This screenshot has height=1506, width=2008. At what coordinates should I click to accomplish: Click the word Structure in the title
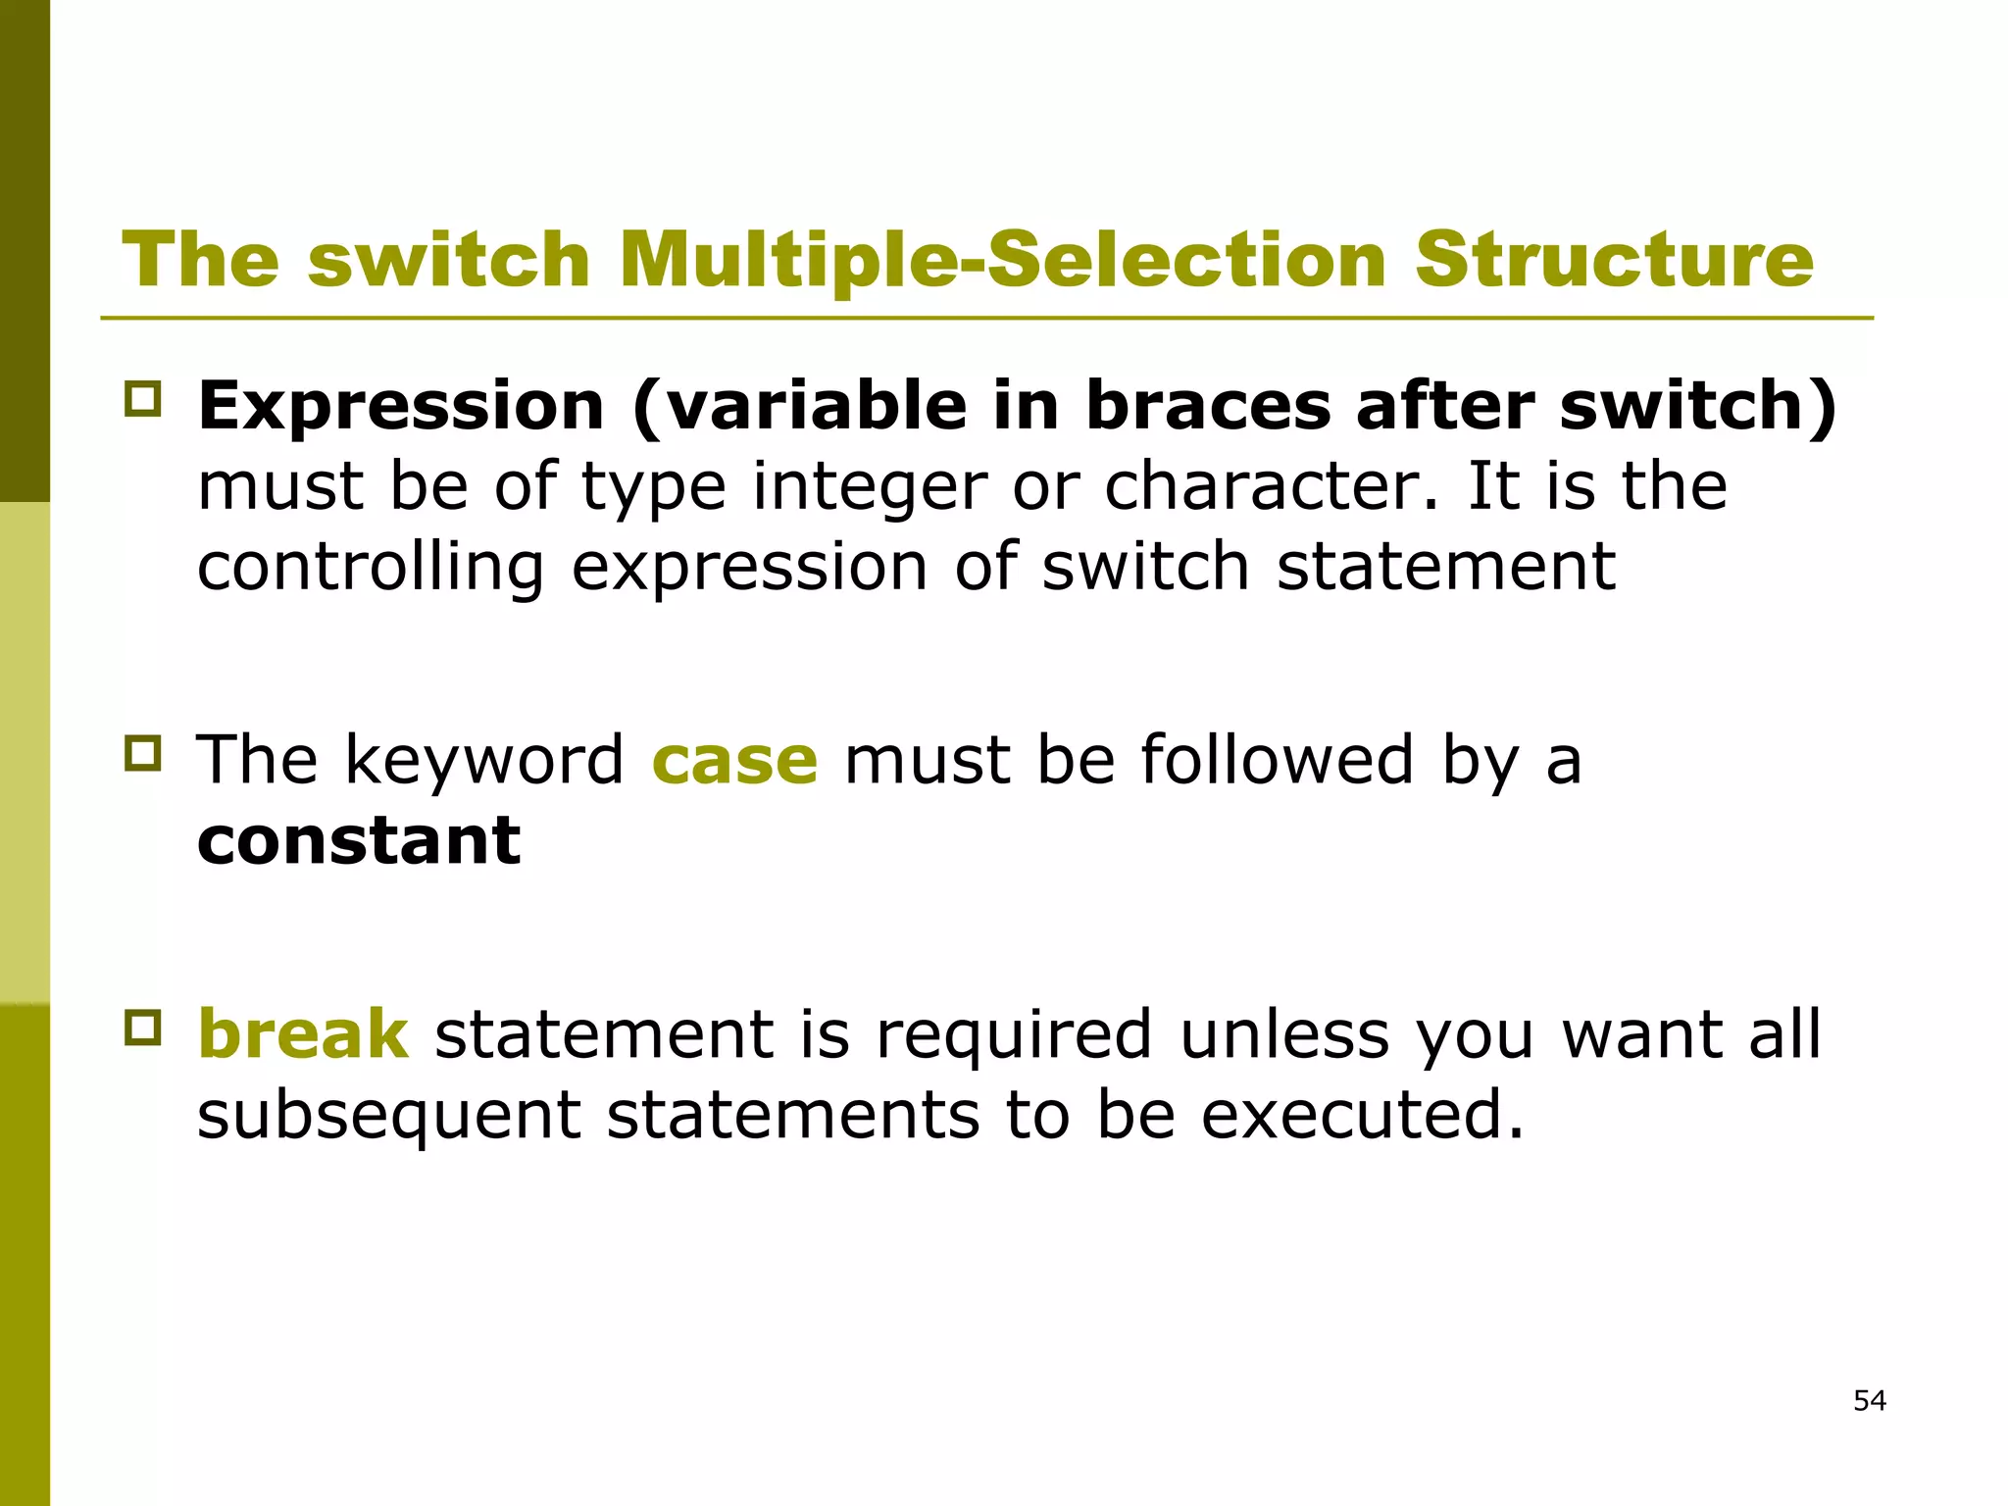pos(1614,260)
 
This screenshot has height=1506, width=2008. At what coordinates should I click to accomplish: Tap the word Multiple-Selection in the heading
pos(1002,260)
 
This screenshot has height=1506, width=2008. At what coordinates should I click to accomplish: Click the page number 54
pos(1870,1400)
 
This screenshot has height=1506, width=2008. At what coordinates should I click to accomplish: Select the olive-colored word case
pos(734,760)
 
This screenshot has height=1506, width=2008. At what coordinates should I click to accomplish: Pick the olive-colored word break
pos(303,1034)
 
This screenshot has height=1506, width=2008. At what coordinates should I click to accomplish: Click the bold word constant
pos(359,840)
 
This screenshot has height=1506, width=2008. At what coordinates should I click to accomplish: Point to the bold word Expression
pos(401,405)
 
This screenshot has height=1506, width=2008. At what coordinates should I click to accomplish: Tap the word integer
pos(870,486)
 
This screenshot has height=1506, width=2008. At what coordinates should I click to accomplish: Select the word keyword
pos(483,760)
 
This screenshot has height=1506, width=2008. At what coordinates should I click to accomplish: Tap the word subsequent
pos(389,1116)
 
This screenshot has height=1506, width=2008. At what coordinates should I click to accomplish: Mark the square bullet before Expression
pos(143,399)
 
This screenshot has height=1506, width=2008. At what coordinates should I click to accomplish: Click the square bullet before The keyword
pos(143,753)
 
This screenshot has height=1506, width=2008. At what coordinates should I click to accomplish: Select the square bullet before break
pos(143,1028)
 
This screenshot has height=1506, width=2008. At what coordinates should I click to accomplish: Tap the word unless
pos(1284,1034)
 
